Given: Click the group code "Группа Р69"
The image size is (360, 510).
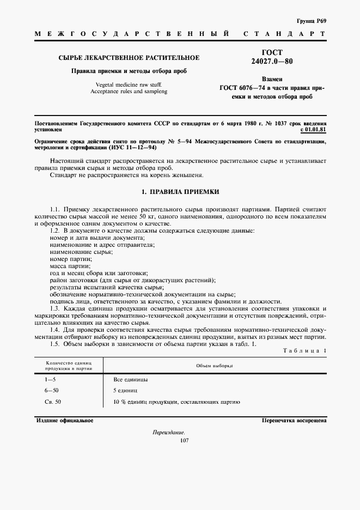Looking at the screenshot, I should point(312,20).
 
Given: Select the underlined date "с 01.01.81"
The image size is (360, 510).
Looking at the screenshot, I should point(313,130).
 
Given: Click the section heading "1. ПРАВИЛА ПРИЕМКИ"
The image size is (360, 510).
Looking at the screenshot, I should point(180,192).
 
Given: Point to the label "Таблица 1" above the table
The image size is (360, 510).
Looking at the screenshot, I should point(305,350).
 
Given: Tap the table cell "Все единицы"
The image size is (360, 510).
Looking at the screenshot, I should point(131,379).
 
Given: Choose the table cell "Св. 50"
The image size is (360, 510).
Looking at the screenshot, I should point(53,402).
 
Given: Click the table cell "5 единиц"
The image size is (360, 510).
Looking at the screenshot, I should point(126,391).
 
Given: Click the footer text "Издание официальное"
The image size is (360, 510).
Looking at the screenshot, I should point(65,421).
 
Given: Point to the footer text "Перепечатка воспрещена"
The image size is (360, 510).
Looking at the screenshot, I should point(294,421).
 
